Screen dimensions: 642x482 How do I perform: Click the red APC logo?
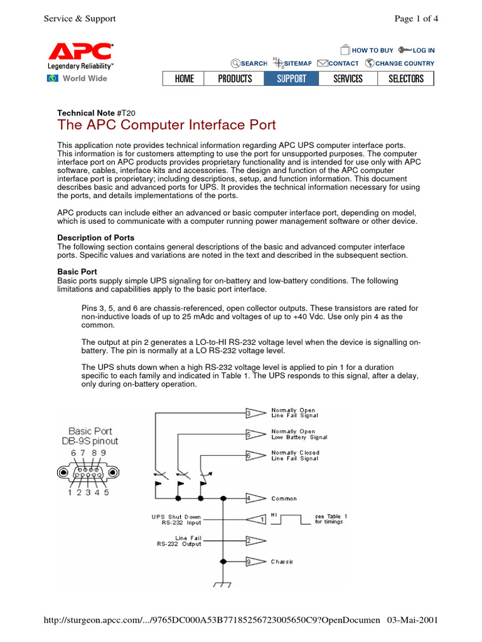(x=80, y=51)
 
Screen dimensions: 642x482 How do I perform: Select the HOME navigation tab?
(x=185, y=78)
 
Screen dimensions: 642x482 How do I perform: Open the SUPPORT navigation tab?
(x=291, y=78)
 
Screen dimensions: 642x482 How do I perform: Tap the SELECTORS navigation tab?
(x=406, y=78)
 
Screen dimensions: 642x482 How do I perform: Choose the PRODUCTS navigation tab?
(x=235, y=78)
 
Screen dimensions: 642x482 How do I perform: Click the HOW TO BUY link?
(x=372, y=50)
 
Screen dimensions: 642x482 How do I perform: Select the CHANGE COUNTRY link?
(x=404, y=63)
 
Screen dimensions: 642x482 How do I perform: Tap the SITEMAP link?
(x=297, y=63)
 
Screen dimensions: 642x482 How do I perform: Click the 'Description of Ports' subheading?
(x=96, y=238)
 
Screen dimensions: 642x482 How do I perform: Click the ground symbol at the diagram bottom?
(x=222, y=584)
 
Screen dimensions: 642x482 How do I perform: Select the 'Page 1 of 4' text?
(x=415, y=18)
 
